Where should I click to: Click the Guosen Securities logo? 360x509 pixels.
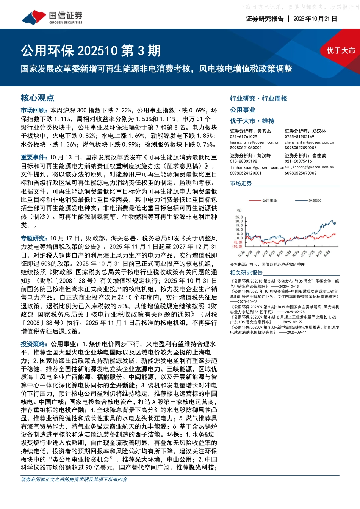click(x=52, y=17)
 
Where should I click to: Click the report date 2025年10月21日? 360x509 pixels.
click(x=315, y=19)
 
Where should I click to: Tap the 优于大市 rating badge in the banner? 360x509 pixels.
click(x=341, y=51)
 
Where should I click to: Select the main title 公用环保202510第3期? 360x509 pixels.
click(x=91, y=51)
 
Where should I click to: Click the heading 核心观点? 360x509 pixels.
click(x=38, y=98)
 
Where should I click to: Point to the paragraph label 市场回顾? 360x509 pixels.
click(x=34, y=111)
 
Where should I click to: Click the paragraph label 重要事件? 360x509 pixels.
click(x=34, y=157)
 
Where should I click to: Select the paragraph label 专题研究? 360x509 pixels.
click(x=34, y=238)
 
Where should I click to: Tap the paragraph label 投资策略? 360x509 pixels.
click(x=34, y=344)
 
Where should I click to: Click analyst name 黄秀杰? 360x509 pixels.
click(x=264, y=131)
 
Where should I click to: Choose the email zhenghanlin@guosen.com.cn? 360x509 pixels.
click(x=309, y=142)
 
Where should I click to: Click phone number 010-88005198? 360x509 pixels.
click(x=243, y=161)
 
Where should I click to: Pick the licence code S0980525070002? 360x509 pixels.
click(x=301, y=173)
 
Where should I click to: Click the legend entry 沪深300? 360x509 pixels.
click(x=315, y=201)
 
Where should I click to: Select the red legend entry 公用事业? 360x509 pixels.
click(x=269, y=201)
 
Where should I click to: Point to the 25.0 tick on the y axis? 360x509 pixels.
click(x=239, y=217)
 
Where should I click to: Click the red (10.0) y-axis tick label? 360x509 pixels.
click(x=237, y=247)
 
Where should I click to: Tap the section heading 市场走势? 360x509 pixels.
click(x=241, y=183)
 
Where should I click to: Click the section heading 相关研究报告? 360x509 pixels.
click(x=246, y=273)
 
